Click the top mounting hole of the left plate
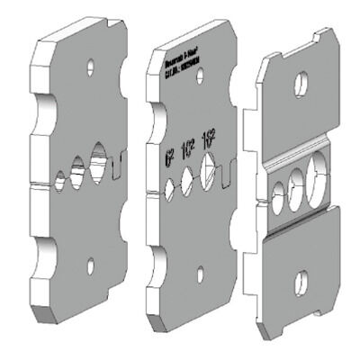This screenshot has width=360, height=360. tap(90, 67)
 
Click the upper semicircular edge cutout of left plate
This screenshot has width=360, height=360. tap(40, 110)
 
